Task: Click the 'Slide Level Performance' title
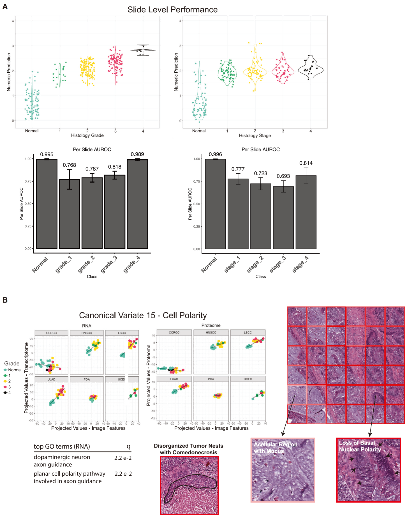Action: pyautogui.click(x=172, y=10)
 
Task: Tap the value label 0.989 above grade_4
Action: pyautogui.click(x=137, y=154)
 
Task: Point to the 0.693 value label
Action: pyautogui.click(x=283, y=176)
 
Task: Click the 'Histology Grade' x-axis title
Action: pyautogui.click(x=87, y=135)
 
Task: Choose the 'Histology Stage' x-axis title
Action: pyautogui.click(x=255, y=136)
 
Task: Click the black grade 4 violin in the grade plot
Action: pyautogui.click(x=143, y=50)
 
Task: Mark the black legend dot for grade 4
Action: pyautogui.click(x=5, y=393)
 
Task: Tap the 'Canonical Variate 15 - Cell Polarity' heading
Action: pyautogui.click(x=143, y=316)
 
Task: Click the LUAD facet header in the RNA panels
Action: pyautogui.click(x=51, y=379)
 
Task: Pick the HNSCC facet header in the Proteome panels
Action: pyautogui.click(x=211, y=333)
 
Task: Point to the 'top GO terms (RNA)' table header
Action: pyautogui.click(x=62, y=446)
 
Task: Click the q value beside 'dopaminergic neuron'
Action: pyautogui.click(x=123, y=458)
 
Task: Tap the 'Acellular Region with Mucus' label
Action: pyautogui.click(x=275, y=448)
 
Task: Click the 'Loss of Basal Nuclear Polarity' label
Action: pyautogui.click(x=360, y=446)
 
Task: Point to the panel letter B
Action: pyautogui.click(x=5, y=300)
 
